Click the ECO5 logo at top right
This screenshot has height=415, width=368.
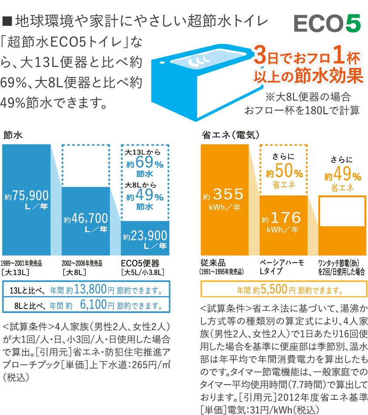point(327,24)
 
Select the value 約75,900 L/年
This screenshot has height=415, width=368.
point(26,199)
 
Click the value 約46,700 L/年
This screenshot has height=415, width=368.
point(85,221)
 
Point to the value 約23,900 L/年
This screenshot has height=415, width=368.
point(145,240)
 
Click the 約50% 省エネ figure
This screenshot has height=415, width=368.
point(284,173)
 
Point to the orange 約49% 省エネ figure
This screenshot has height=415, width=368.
point(342,177)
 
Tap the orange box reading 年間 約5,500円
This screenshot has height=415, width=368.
point(283,289)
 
